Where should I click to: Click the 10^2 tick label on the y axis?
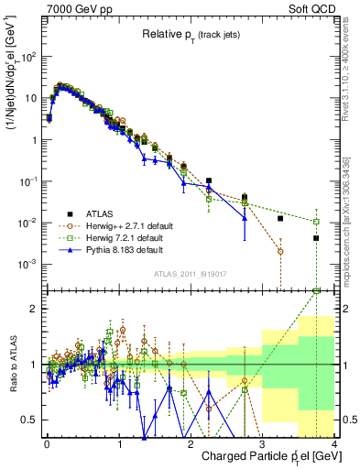tap(29, 57)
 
